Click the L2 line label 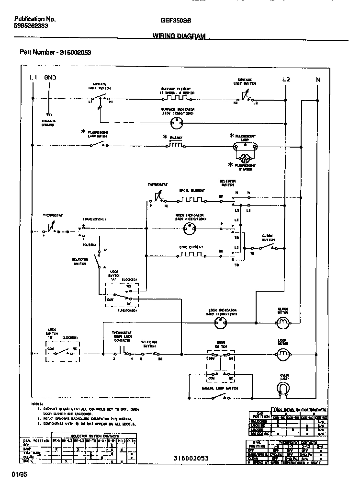[x=286, y=79]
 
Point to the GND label [x=50, y=78]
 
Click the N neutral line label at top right [x=318, y=80]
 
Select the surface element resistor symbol [x=176, y=99]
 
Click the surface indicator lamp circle [x=177, y=123]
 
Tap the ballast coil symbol [x=176, y=145]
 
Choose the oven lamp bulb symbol [x=284, y=389]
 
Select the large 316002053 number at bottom [x=191, y=458]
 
